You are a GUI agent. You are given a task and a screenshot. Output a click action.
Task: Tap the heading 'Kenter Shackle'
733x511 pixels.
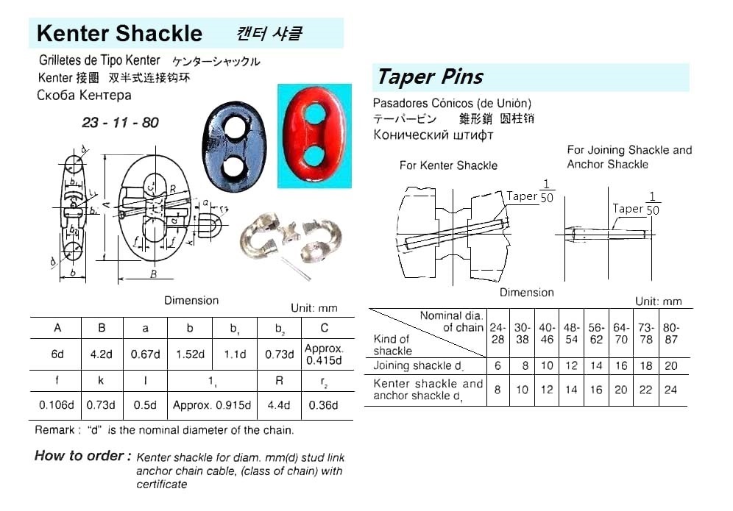119,33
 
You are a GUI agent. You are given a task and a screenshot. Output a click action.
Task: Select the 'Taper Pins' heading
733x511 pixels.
430,76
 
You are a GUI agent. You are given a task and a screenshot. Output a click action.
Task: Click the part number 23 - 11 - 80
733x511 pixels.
120,123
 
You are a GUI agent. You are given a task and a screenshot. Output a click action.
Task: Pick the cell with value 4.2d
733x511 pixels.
102,354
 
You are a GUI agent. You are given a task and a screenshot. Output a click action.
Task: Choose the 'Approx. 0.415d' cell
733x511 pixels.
324,354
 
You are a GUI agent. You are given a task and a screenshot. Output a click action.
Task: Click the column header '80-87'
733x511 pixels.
670,334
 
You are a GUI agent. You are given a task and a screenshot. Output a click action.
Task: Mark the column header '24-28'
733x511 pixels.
497,334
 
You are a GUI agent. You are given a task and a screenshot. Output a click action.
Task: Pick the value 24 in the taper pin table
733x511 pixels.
670,390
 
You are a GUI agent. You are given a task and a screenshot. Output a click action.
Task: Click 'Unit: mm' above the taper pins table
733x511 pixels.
659,301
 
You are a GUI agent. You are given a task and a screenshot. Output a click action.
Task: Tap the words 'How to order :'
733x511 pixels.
82,456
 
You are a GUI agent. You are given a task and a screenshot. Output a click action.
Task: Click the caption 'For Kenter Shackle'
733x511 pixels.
448,165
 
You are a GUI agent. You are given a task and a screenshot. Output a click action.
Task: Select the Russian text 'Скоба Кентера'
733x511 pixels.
84,95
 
